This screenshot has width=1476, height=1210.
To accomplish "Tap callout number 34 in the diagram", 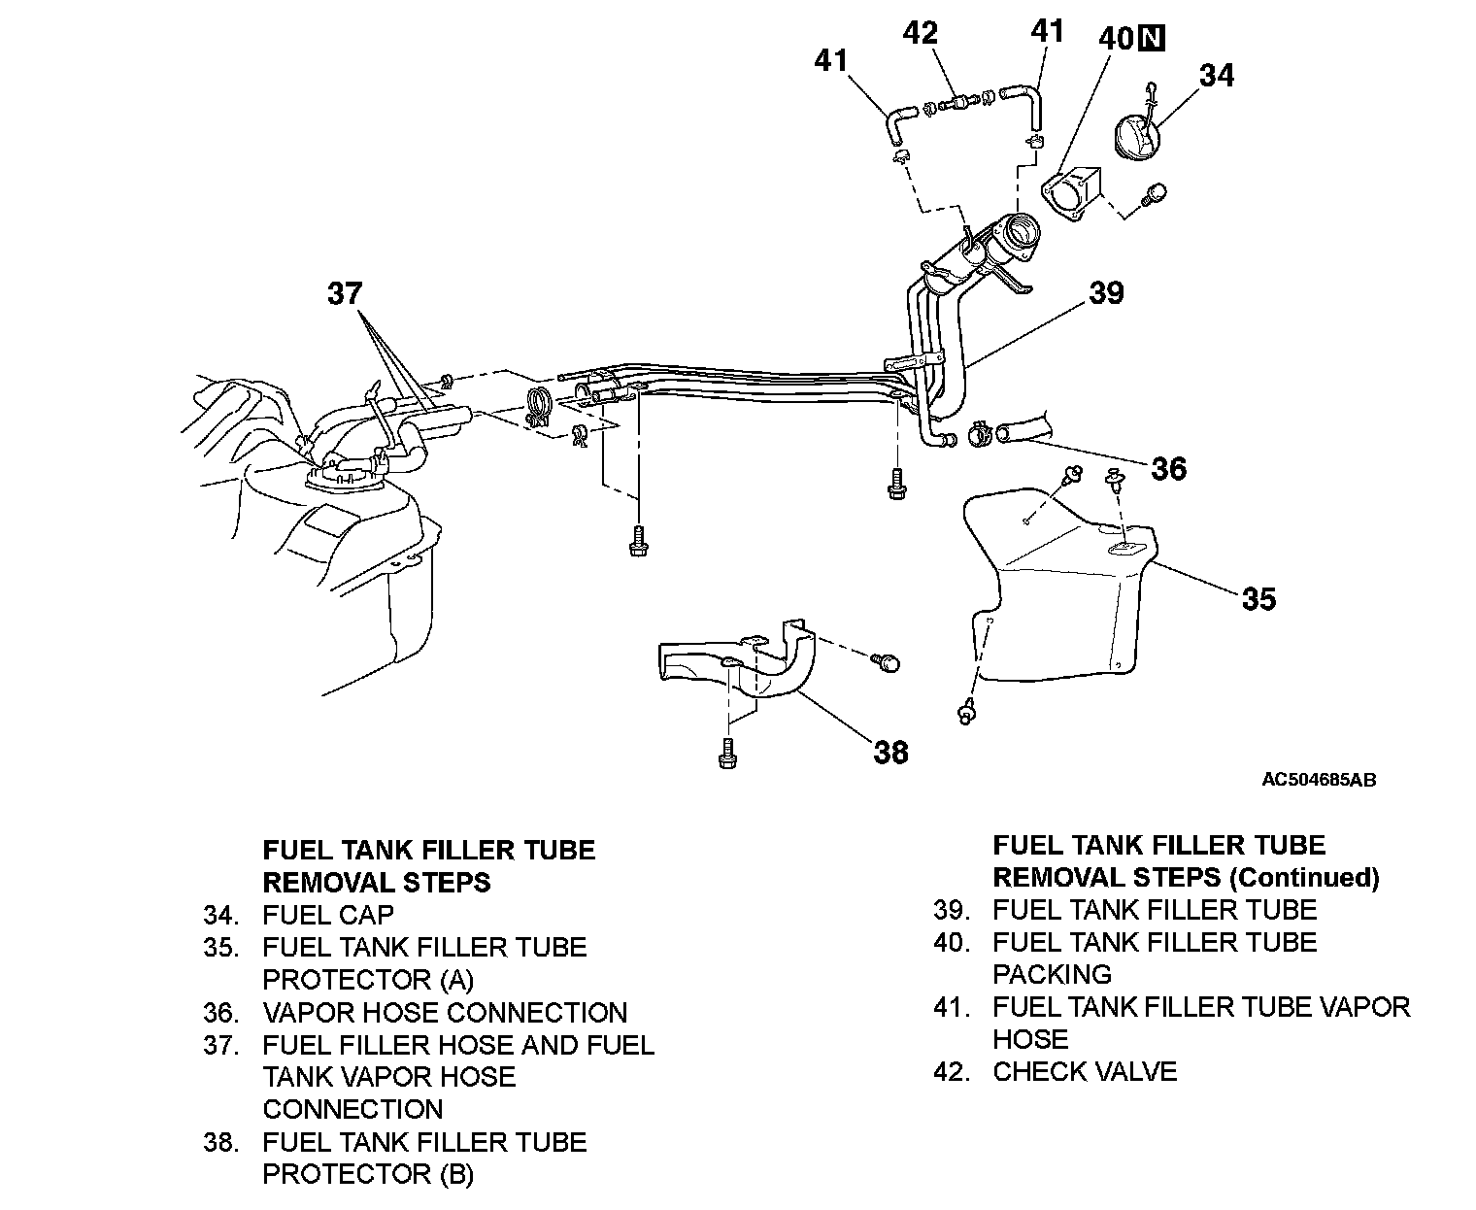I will click(1216, 75).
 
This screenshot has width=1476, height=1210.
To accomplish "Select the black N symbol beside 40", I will click(1152, 38).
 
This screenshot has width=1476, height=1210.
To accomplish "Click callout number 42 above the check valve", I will click(920, 33).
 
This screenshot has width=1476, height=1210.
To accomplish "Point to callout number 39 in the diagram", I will click(1106, 292).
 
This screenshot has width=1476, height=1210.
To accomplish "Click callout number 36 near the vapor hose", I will click(1168, 469).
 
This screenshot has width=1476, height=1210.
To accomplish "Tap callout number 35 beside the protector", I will click(1258, 598).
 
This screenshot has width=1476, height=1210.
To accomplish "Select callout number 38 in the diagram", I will click(890, 752).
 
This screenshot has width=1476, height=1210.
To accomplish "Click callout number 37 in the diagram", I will click(345, 293).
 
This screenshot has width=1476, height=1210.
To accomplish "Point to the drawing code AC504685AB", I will click(1318, 780).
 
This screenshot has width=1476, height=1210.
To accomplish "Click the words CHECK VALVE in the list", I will click(1084, 1071).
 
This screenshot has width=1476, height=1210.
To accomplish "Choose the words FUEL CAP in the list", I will click(328, 915).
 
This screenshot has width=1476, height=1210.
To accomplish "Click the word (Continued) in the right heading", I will click(1303, 878).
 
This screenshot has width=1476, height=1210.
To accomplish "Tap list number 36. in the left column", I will click(221, 1013).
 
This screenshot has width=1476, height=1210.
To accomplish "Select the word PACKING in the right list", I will click(1052, 974).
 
